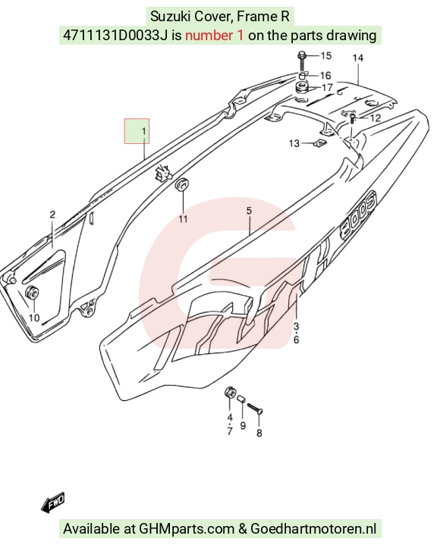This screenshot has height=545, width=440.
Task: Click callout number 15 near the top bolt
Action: [326, 55]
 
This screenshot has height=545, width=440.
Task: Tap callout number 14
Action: [357, 58]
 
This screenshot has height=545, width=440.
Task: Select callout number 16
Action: [325, 76]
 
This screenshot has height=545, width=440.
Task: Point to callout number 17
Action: [327, 87]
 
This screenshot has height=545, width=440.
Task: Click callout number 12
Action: [375, 118]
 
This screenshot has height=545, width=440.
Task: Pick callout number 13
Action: [294, 143]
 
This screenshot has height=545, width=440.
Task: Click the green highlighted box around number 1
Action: [137, 131]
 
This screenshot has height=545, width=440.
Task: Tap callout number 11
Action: [183, 219]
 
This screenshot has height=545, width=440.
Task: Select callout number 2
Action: [52, 215]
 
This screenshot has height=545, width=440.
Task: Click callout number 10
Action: [33, 318]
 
